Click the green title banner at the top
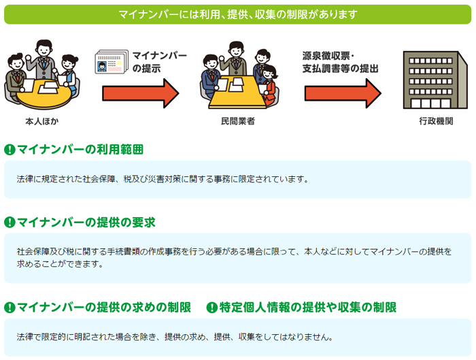238,14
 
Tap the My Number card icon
109,63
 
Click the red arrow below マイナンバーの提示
141,93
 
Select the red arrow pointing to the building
343,93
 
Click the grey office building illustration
435,80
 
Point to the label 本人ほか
42,122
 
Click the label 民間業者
238,122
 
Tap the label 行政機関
437,122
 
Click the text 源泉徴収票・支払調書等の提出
340,63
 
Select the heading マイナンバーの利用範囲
80,150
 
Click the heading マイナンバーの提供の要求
86,223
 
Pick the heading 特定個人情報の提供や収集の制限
308,308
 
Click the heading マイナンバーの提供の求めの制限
104,308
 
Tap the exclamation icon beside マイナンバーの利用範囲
10,150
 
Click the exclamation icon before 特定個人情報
212,308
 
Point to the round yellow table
45,93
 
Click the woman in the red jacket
269,85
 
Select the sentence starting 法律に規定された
163,179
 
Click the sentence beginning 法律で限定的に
175,337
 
